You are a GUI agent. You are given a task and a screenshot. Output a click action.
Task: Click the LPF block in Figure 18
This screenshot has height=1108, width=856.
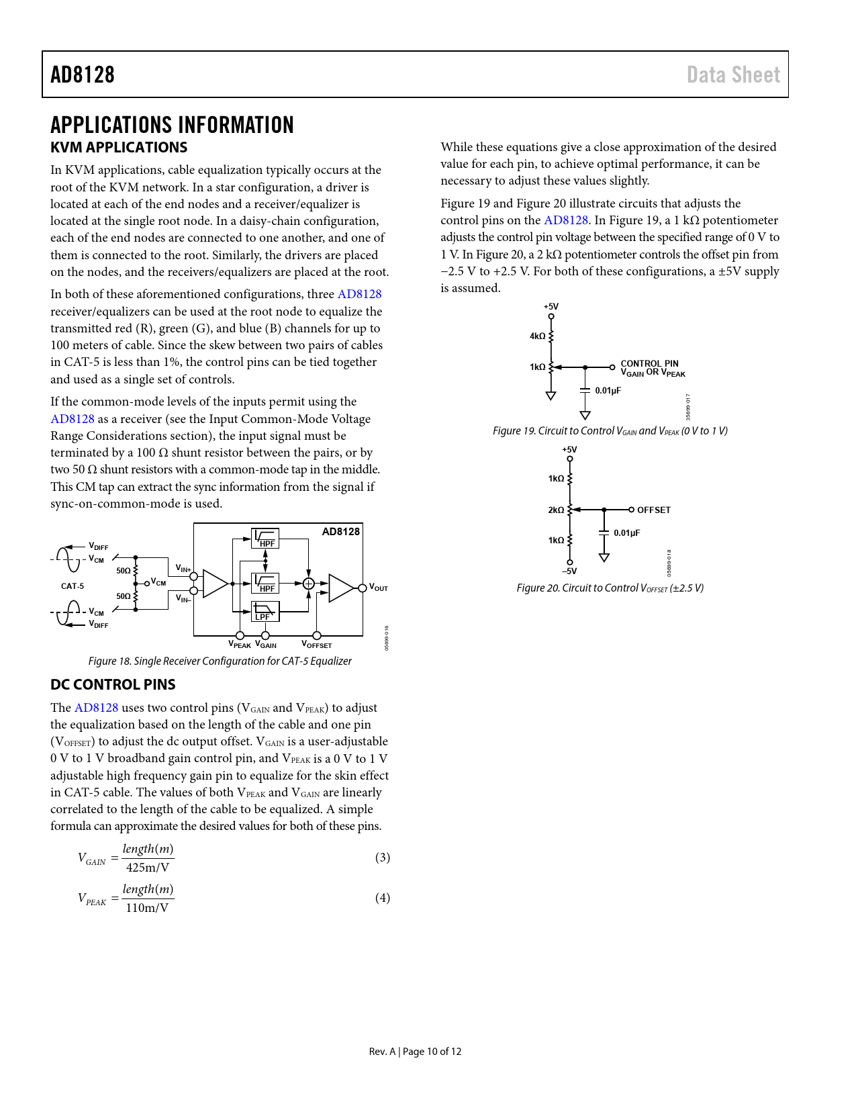click(x=265, y=611)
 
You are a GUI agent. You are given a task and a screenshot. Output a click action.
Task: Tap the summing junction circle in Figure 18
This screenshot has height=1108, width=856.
click(x=308, y=584)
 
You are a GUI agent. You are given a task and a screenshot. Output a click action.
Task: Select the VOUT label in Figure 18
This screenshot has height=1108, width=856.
click(x=379, y=588)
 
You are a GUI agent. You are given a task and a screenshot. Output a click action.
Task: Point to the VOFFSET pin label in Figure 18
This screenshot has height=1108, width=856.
click(x=317, y=645)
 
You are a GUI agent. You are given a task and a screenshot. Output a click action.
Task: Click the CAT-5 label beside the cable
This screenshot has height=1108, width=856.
click(x=73, y=586)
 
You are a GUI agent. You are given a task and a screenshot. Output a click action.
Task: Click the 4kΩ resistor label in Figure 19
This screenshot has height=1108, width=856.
click(x=537, y=336)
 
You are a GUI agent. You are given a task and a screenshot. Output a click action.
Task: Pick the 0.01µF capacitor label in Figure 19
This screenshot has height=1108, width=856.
click(x=608, y=390)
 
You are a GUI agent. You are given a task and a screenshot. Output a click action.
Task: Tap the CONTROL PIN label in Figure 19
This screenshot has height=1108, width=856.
click(x=649, y=363)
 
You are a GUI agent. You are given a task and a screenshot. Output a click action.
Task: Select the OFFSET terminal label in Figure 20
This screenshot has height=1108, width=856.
click(x=653, y=510)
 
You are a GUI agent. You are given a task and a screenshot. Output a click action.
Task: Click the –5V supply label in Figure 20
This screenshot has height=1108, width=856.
click(x=569, y=571)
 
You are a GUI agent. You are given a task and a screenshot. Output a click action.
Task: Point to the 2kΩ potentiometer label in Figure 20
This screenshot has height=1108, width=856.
click(x=556, y=510)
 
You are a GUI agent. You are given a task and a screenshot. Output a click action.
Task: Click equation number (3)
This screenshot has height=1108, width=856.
click(x=382, y=858)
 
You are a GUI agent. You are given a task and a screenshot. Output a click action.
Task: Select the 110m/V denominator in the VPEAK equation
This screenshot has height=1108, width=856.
click(x=148, y=908)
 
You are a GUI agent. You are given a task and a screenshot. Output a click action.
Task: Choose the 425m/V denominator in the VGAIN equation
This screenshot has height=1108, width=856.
click(x=148, y=868)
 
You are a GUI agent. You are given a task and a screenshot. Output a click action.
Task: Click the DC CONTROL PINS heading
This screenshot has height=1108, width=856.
click(x=113, y=684)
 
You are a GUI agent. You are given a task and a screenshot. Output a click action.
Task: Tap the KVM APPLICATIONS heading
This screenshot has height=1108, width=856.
click(x=119, y=147)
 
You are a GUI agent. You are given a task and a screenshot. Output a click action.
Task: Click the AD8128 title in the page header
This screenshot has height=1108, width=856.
click(x=83, y=75)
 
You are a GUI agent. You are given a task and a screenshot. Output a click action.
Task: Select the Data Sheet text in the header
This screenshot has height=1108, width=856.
click(x=733, y=75)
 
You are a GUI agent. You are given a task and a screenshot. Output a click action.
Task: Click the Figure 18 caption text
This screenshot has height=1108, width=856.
click(x=220, y=661)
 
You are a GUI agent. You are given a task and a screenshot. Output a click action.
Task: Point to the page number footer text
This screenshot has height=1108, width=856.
click(x=415, y=1052)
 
